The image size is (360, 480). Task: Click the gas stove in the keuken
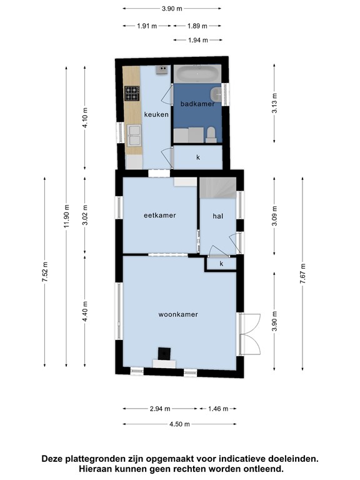(x=132, y=93)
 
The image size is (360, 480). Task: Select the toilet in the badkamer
(x=211, y=135)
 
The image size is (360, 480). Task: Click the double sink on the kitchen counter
(x=134, y=136)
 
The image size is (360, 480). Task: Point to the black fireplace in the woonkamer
(x=164, y=354)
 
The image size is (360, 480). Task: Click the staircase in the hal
(x=217, y=188)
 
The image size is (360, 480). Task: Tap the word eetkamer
(x=160, y=215)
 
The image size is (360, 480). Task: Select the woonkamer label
(x=178, y=314)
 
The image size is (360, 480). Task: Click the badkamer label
(x=197, y=104)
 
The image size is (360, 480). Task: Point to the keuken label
(x=156, y=114)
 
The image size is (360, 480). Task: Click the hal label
(x=217, y=216)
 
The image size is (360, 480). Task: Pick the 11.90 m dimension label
(x=67, y=216)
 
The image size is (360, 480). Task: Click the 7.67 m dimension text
(x=302, y=273)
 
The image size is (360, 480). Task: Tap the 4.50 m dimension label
(x=179, y=424)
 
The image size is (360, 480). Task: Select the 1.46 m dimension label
(x=218, y=409)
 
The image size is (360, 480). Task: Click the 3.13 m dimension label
(x=274, y=103)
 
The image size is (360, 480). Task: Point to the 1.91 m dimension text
(x=147, y=26)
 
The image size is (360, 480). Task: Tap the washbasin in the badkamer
(x=217, y=94)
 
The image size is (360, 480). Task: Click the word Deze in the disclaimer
(x=52, y=459)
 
